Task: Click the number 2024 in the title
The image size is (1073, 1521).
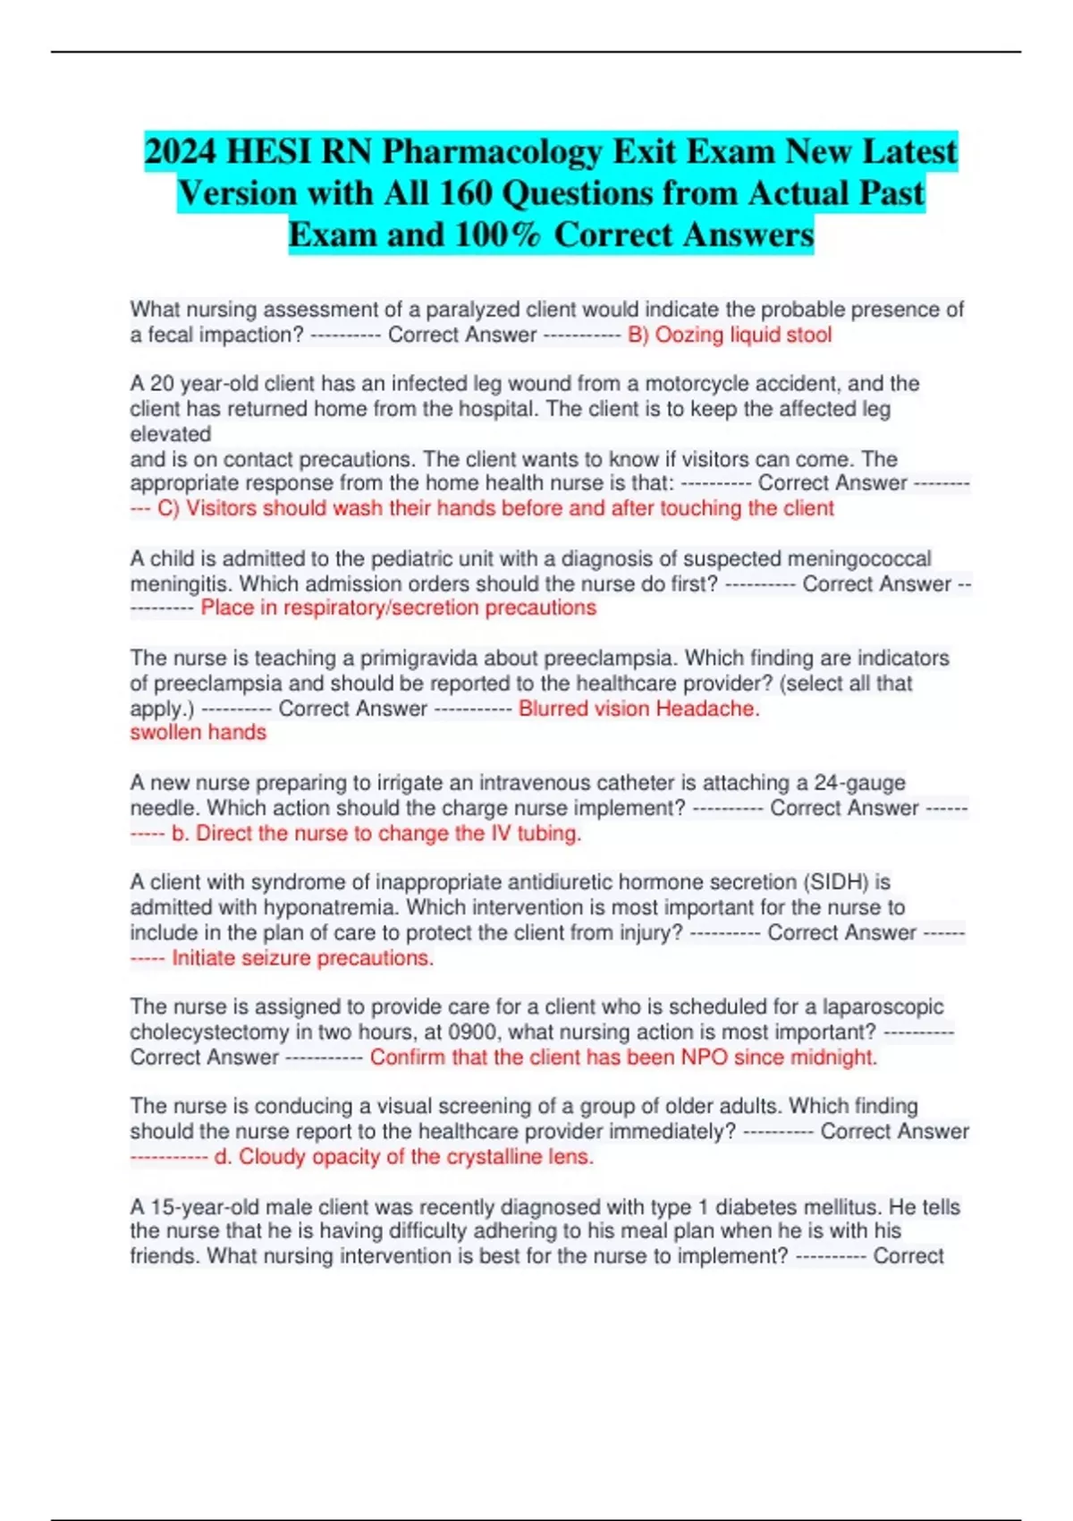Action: pyautogui.click(x=181, y=151)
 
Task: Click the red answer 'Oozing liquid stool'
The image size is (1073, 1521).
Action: pyautogui.click(x=743, y=335)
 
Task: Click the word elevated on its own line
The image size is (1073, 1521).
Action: pyautogui.click(x=171, y=434)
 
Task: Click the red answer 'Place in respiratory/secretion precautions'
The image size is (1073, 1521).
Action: pyautogui.click(x=398, y=608)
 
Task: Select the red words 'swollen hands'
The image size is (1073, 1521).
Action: pyautogui.click(x=198, y=733)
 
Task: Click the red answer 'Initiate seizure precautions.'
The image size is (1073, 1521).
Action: pyautogui.click(x=302, y=958)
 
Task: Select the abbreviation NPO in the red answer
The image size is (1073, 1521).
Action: pyautogui.click(x=704, y=1058)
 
